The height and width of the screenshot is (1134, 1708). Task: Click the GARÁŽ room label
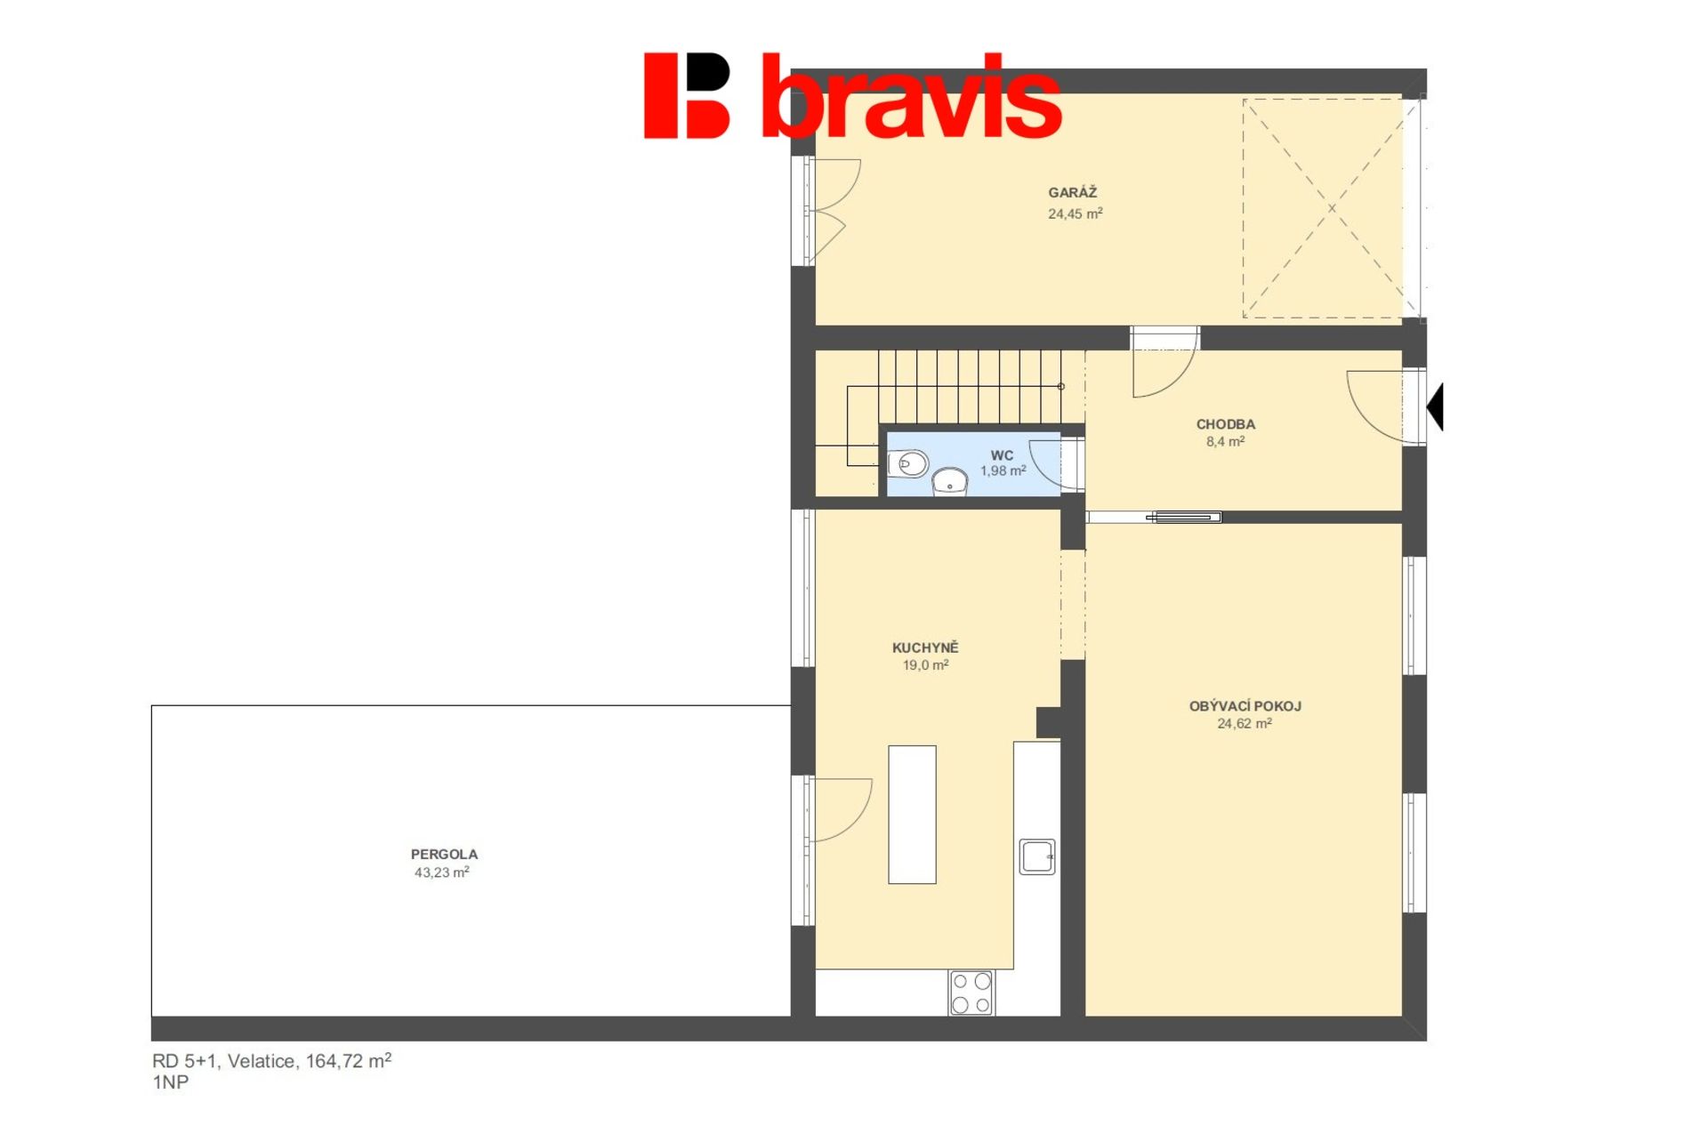point(1072,192)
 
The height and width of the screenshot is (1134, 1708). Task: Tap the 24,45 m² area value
point(1075,213)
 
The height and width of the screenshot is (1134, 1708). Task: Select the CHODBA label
point(1225,424)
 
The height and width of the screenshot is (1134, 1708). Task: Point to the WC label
point(1002,455)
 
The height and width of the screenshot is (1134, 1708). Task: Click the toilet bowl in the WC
point(907,463)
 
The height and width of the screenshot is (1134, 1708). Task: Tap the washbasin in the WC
point(950,481)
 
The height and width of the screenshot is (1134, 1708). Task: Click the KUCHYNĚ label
point(925,647)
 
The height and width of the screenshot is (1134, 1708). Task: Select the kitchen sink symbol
point(1037,857)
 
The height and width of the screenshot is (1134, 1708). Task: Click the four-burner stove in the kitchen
point(971,993)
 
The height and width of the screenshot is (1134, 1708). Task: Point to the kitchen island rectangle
point(912,815)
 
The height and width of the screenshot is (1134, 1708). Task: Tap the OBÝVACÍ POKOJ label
point(1245,706)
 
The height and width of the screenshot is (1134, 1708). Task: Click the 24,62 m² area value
point(1244,724)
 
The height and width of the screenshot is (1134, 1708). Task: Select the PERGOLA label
point(444,854)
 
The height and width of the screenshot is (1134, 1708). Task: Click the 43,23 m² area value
point(441,873)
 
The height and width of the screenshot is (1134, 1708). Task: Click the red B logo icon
point(687,95)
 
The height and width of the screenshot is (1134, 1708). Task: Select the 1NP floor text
point(170,1082)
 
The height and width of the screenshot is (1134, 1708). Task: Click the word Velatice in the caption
point(262,1061)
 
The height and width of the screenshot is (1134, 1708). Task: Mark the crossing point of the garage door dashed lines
point(1332,208)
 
